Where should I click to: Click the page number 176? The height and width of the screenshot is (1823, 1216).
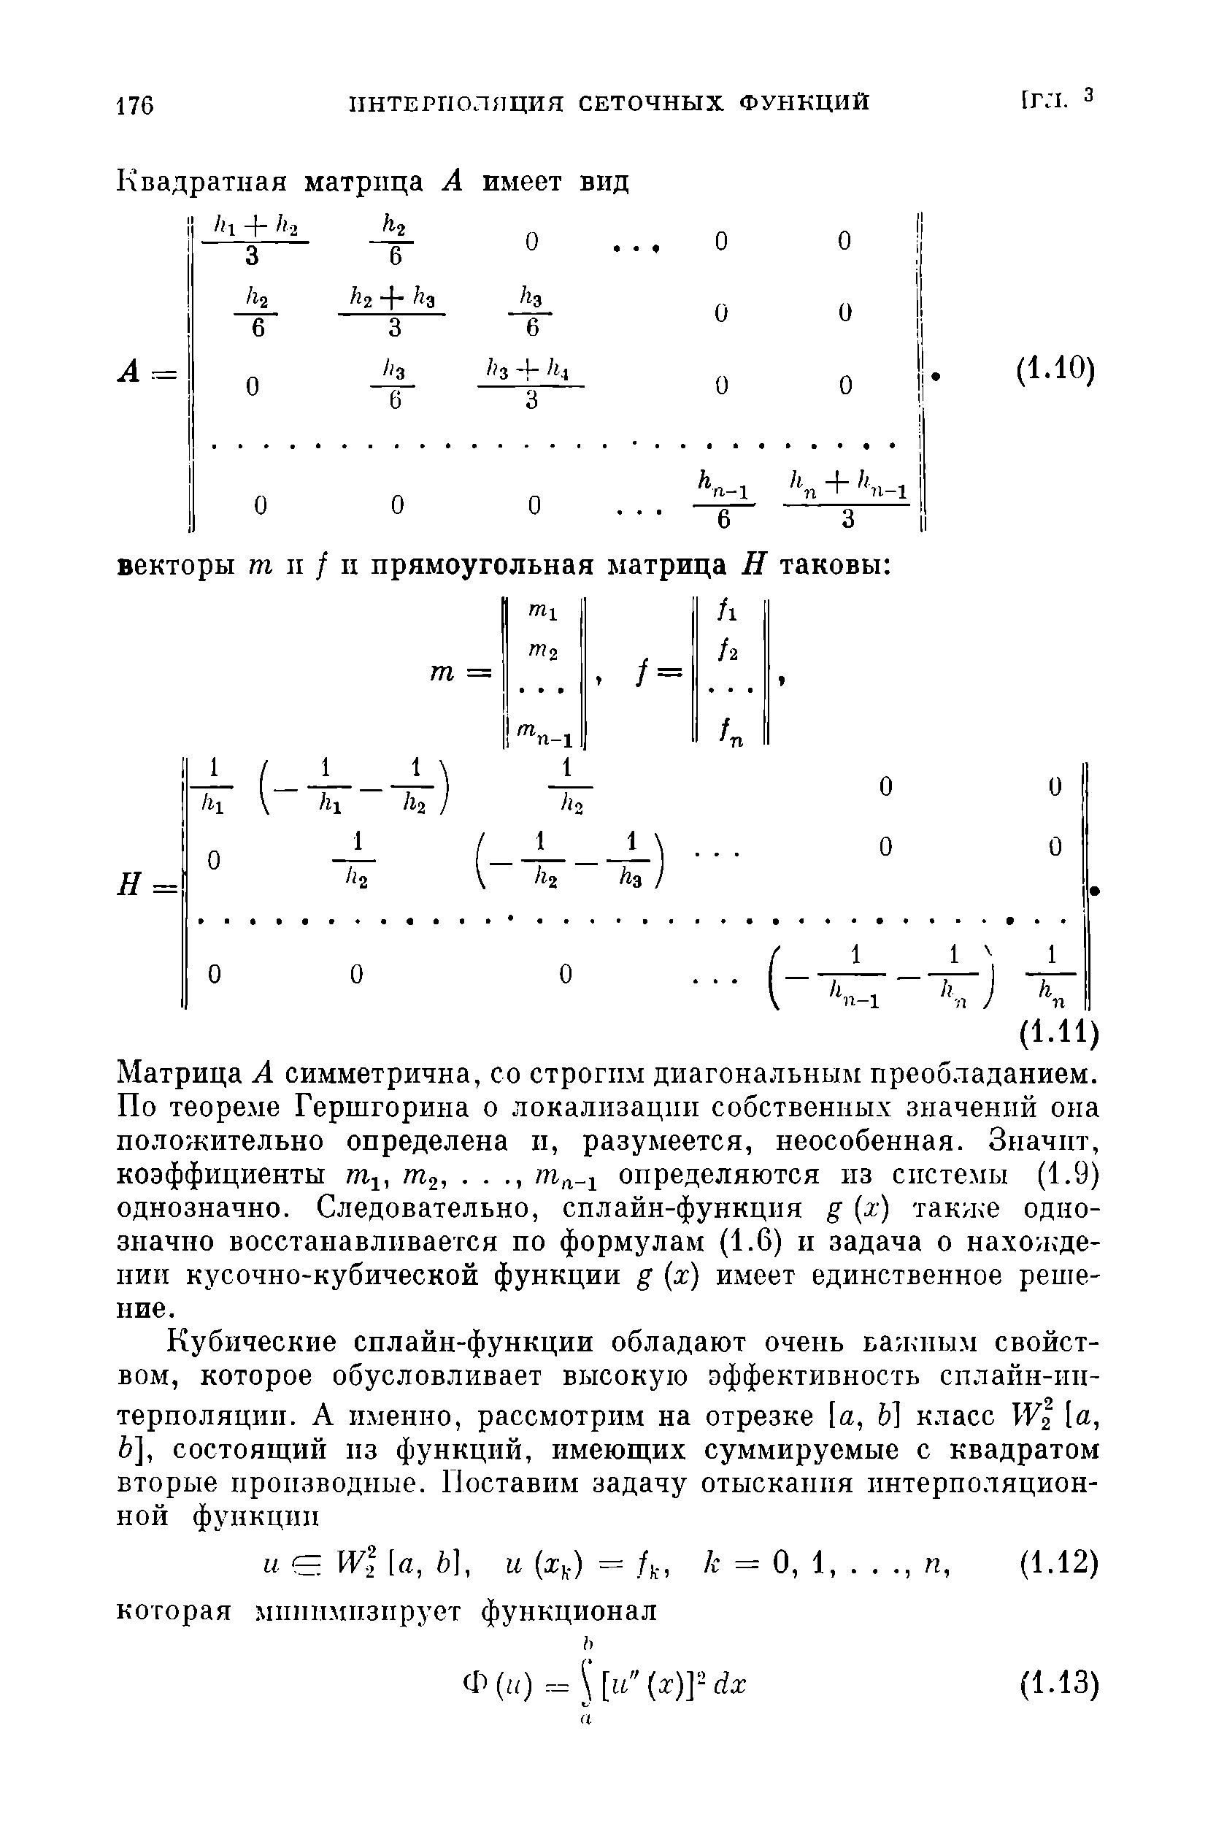pyautogui.click(x=135, y=104)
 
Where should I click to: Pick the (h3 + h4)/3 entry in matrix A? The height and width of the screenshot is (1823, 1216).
pyautogui.click(x=531, y=385)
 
